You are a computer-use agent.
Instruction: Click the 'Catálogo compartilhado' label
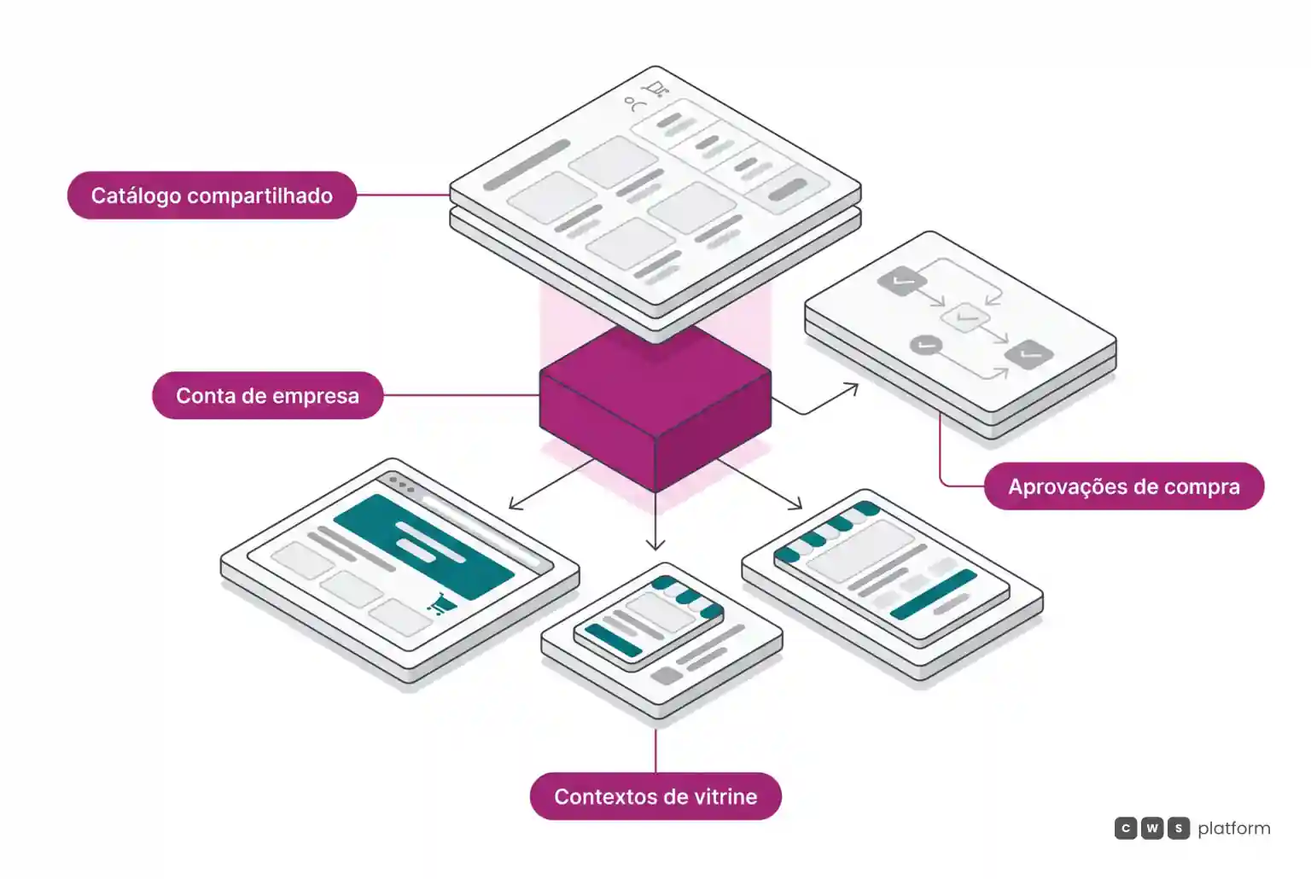pyautogui.click(x=212, y=195)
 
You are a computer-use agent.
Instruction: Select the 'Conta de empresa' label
pyautogui.click(x=267, y=396)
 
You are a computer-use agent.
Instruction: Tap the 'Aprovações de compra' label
pyautogui.click(x=1124, y=486)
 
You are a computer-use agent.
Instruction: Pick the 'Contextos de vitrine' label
pyautogui.click(x=655, y=796)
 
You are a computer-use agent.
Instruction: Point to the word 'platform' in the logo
pyautogui.click(x=1233, y=829)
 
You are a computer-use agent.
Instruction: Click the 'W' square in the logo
pyautogui.click(x=1151, y=828)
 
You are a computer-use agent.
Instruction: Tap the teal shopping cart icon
pyautogui.click(x=443, y=604)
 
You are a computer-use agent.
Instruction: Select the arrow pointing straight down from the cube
pyautogui.click(x=655, y=521)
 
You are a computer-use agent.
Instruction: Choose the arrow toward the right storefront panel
pyautogui.click(x=760, y=485)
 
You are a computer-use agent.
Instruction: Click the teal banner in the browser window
pyautogui.click(x=423, y=546)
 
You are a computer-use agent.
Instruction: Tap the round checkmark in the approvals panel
pyautogui.click(x=926, y=345)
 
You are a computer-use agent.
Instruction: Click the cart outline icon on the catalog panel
pyautogui.click(x=655, y=89)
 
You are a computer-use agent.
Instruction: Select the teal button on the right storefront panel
pyautogui.click(x=934, y=594)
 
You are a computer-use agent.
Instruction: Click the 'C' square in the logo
pyautogui.click(x=1126, y=828)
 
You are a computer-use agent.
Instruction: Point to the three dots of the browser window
pyautogui.click(x=402, y=485)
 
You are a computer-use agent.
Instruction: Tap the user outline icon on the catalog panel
pyautogui.click(x=634, y=104)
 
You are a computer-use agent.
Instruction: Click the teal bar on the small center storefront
pyautogui.click(x=614, y=640)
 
